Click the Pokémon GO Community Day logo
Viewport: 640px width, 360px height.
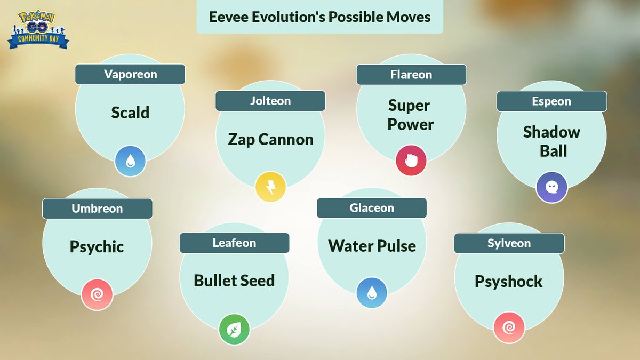pyautogui.click(x=38, y=29)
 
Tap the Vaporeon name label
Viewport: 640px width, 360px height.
pyautogui.click(x=130, y=74)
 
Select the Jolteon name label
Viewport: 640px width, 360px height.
pyautogui.click(x=270, y=101)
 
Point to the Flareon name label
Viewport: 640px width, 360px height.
pyautogui.click(x=411, y=75)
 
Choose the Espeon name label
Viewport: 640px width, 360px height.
pyautogui.click(x=551, y=101)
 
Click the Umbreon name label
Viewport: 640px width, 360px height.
pyautogui.click(x=97, y=209)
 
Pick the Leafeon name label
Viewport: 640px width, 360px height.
pyautogui.click(x=234, y=243)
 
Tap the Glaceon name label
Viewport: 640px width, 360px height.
pyautogui.click(x=372, y=207)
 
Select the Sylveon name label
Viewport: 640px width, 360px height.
pyautogui.click(x=509, y=243)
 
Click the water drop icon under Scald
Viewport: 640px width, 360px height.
pyautogui.click(x=130, y=161)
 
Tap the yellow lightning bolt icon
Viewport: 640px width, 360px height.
pyautogui.click(x=270, y=187)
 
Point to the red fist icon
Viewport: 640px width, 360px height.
pyautogui.click(x=411, y=161)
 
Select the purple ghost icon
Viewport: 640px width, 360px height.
pyautogui.click(x=551, y=187)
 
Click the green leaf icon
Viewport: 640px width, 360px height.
pyautogui.click(x=234, y=330)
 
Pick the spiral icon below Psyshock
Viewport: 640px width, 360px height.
pyautogui.click(x=509, y=327)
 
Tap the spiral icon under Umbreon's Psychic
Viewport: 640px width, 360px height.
pyautogui.click(x=97, y=294)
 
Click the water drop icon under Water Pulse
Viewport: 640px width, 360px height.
pyautogui.click(x=372, y=293)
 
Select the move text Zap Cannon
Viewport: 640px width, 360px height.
pyautogui.click(x=270, y=140)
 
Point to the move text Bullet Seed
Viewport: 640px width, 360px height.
pyautogui.click(x=234, y=281)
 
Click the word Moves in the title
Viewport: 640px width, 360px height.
pyautogui.click(x=409, y=17)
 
